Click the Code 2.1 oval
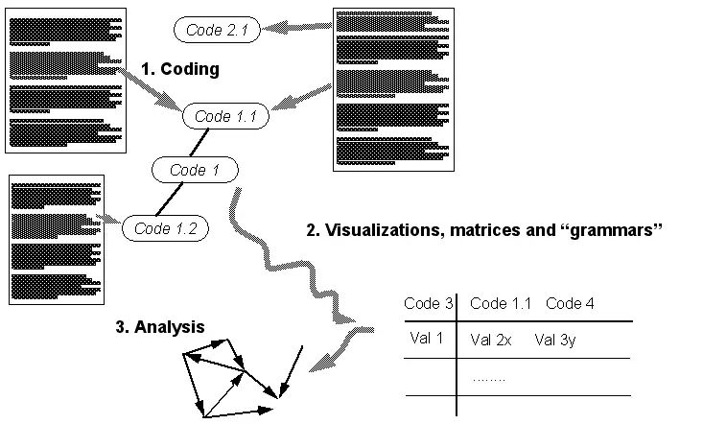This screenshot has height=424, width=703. point(216,30)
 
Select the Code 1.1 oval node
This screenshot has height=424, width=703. point(225,117)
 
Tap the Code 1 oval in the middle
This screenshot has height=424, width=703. point(195,170)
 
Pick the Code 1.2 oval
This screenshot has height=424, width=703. point(165,228)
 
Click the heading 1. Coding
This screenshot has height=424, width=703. point(180,69)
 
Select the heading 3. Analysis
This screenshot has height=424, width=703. point(159,326)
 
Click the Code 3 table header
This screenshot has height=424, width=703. point(428,303)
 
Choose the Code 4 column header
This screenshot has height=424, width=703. point(570,303)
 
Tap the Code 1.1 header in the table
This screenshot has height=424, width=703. point(501,303)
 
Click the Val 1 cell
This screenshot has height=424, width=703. point(425,338)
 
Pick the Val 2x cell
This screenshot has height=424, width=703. point(494,339)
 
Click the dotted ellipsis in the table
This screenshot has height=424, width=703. point(489,378)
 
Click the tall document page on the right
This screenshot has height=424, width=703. point(391,89)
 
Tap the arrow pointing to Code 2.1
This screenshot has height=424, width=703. point(296,28)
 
